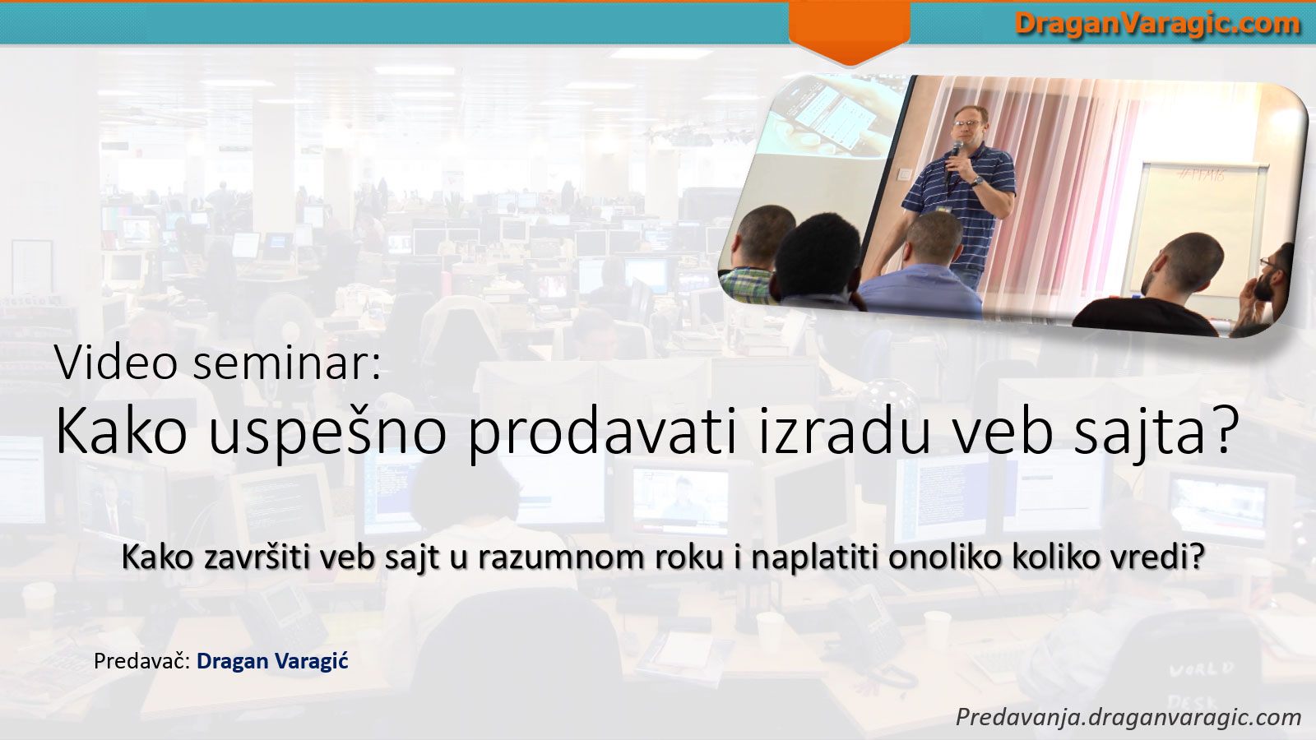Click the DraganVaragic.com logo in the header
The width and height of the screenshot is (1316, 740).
(1156, 25)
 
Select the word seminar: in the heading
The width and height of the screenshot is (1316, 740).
(287, 363)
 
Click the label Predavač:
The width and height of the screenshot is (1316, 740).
(141, 661)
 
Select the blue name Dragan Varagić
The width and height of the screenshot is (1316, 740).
(272, 661)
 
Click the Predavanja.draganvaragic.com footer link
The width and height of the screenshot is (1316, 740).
(1128, 716)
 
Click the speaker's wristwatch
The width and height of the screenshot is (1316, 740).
(976, 181)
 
